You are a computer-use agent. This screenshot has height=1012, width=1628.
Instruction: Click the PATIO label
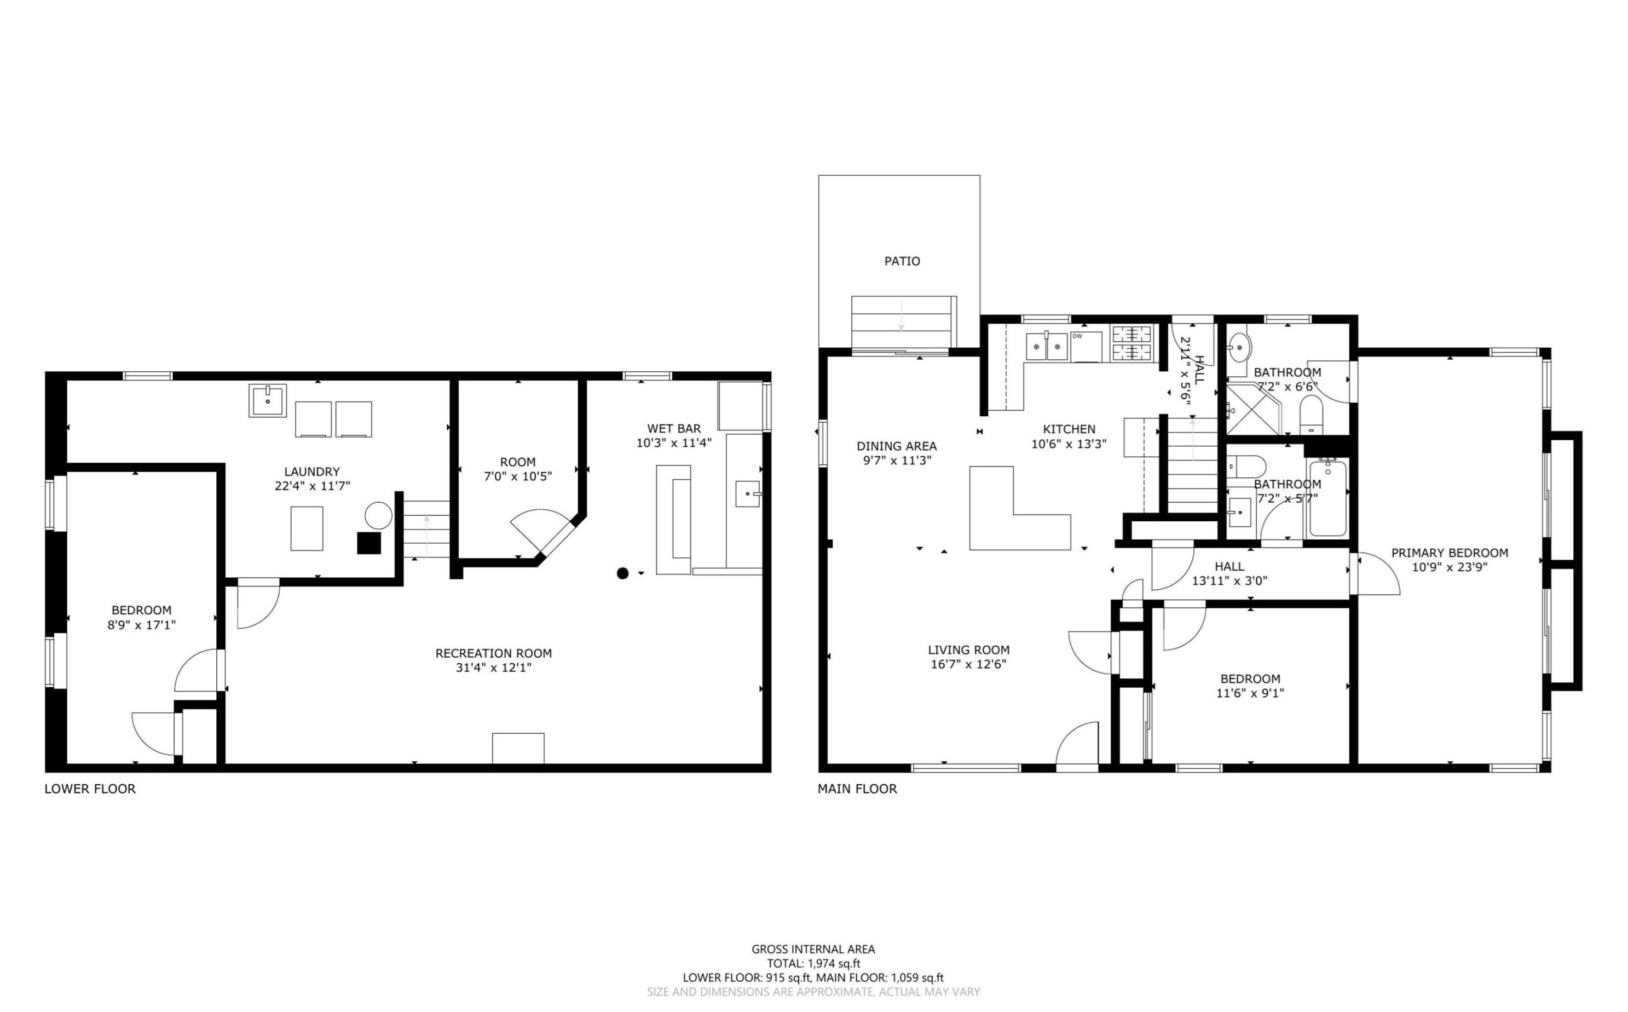click(x=902, y=261)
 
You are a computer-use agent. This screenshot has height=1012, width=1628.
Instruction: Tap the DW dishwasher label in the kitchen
click(x=1077, y=336)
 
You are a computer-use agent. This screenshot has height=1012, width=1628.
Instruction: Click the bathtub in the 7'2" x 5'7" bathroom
click(x=1327, y=497)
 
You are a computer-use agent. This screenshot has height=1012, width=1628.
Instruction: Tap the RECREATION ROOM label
click(x=494, y=653)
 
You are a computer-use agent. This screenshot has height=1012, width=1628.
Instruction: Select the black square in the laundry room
click(x=368, y=543)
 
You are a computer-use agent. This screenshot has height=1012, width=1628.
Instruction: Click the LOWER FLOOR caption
click(x=90, y=789)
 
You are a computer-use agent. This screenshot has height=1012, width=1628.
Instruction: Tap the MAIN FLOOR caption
click(x=857, y=789)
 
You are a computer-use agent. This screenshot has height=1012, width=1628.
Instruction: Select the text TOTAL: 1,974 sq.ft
click(x=813, y=964)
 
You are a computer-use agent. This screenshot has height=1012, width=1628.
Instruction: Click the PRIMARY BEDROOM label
click(x=1450, y=553)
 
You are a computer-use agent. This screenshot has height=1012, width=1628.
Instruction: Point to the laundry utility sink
click(x=268, y=400)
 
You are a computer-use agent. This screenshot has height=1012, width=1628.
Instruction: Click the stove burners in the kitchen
click(x=1131, y=343)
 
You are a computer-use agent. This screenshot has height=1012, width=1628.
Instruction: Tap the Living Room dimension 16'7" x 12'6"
click(x=968, y=664)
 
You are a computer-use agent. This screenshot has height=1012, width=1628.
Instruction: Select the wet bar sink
click(x=748, y=494)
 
